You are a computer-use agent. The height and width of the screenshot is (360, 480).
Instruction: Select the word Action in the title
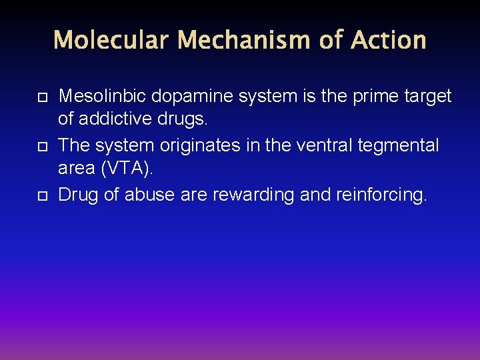(388, 40)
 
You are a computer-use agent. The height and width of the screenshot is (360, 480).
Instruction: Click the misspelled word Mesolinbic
(102, 96)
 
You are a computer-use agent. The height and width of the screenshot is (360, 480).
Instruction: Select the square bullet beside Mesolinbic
(41, 97)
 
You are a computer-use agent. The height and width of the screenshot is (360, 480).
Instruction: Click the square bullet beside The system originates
(41, 147)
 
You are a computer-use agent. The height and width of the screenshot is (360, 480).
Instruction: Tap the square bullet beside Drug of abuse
(41, 196)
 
